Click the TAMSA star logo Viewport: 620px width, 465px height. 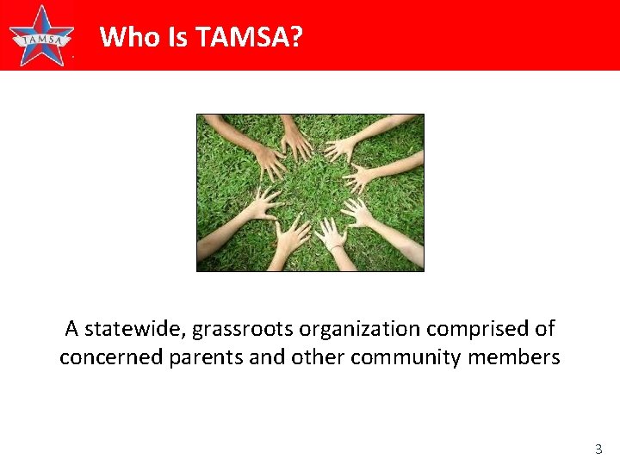(x=41, y=36)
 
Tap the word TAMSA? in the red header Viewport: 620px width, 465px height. (x=249, y=37)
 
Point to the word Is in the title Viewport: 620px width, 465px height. (x=181, y=37)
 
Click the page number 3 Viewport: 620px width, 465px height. (x=598, y=449)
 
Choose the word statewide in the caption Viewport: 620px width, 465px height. (x=136, y=329)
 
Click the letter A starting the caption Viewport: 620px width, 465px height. (x=72, y=329)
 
